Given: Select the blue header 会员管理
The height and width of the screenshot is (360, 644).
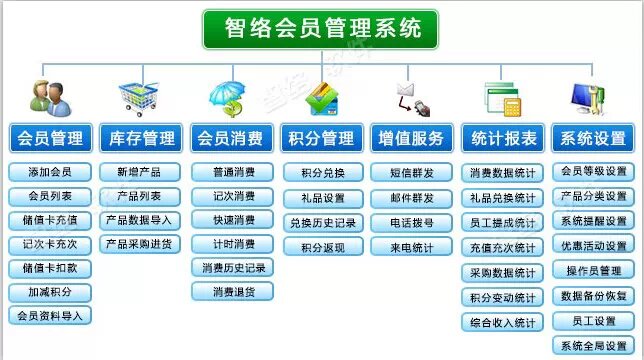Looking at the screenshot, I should (x=51, y=138).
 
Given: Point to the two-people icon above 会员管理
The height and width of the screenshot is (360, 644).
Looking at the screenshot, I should (x=49, y=98).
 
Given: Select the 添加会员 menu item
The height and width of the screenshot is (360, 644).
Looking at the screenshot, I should (x=50, y=172).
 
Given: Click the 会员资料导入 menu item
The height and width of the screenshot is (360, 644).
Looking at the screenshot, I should (x=50, y=316).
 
